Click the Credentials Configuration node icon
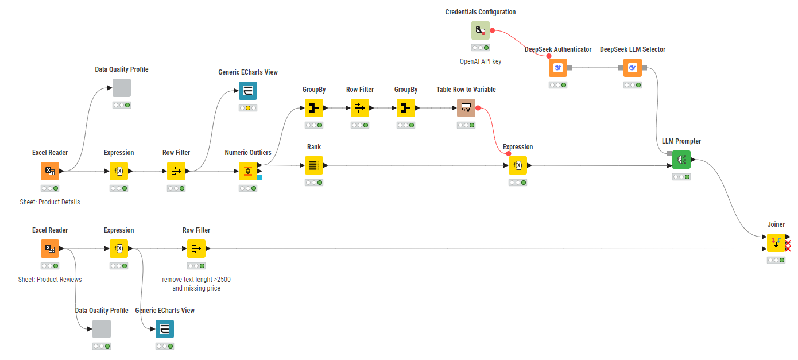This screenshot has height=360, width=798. [481, 30]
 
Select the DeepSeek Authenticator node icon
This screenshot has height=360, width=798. [557, 68]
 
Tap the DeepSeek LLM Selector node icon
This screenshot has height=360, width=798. [633, 68]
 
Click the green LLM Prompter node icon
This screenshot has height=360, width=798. [681, 160]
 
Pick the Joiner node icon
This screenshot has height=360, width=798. [776, 243]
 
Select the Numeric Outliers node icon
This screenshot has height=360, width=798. [248, 171]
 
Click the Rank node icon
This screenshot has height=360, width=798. [314, 165]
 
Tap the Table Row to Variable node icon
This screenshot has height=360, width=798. [466, 108]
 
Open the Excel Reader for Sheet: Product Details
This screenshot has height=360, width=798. [50, 171]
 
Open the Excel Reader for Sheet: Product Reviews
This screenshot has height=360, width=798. [50, 249]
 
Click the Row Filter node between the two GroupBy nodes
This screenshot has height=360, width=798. [360, 108]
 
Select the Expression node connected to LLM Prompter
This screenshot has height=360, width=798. [518, 165]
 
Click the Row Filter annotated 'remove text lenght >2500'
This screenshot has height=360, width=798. [196, 249]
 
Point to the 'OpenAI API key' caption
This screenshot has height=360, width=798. [481, 61]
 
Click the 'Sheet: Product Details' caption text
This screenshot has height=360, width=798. [50, 202]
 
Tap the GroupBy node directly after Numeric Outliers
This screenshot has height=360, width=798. [314, 108]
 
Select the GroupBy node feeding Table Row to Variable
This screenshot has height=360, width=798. [406, 108]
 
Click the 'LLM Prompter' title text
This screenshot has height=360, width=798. [681, 141]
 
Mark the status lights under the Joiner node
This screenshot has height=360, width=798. [776, 260]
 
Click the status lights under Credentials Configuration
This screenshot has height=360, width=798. [481, 48]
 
